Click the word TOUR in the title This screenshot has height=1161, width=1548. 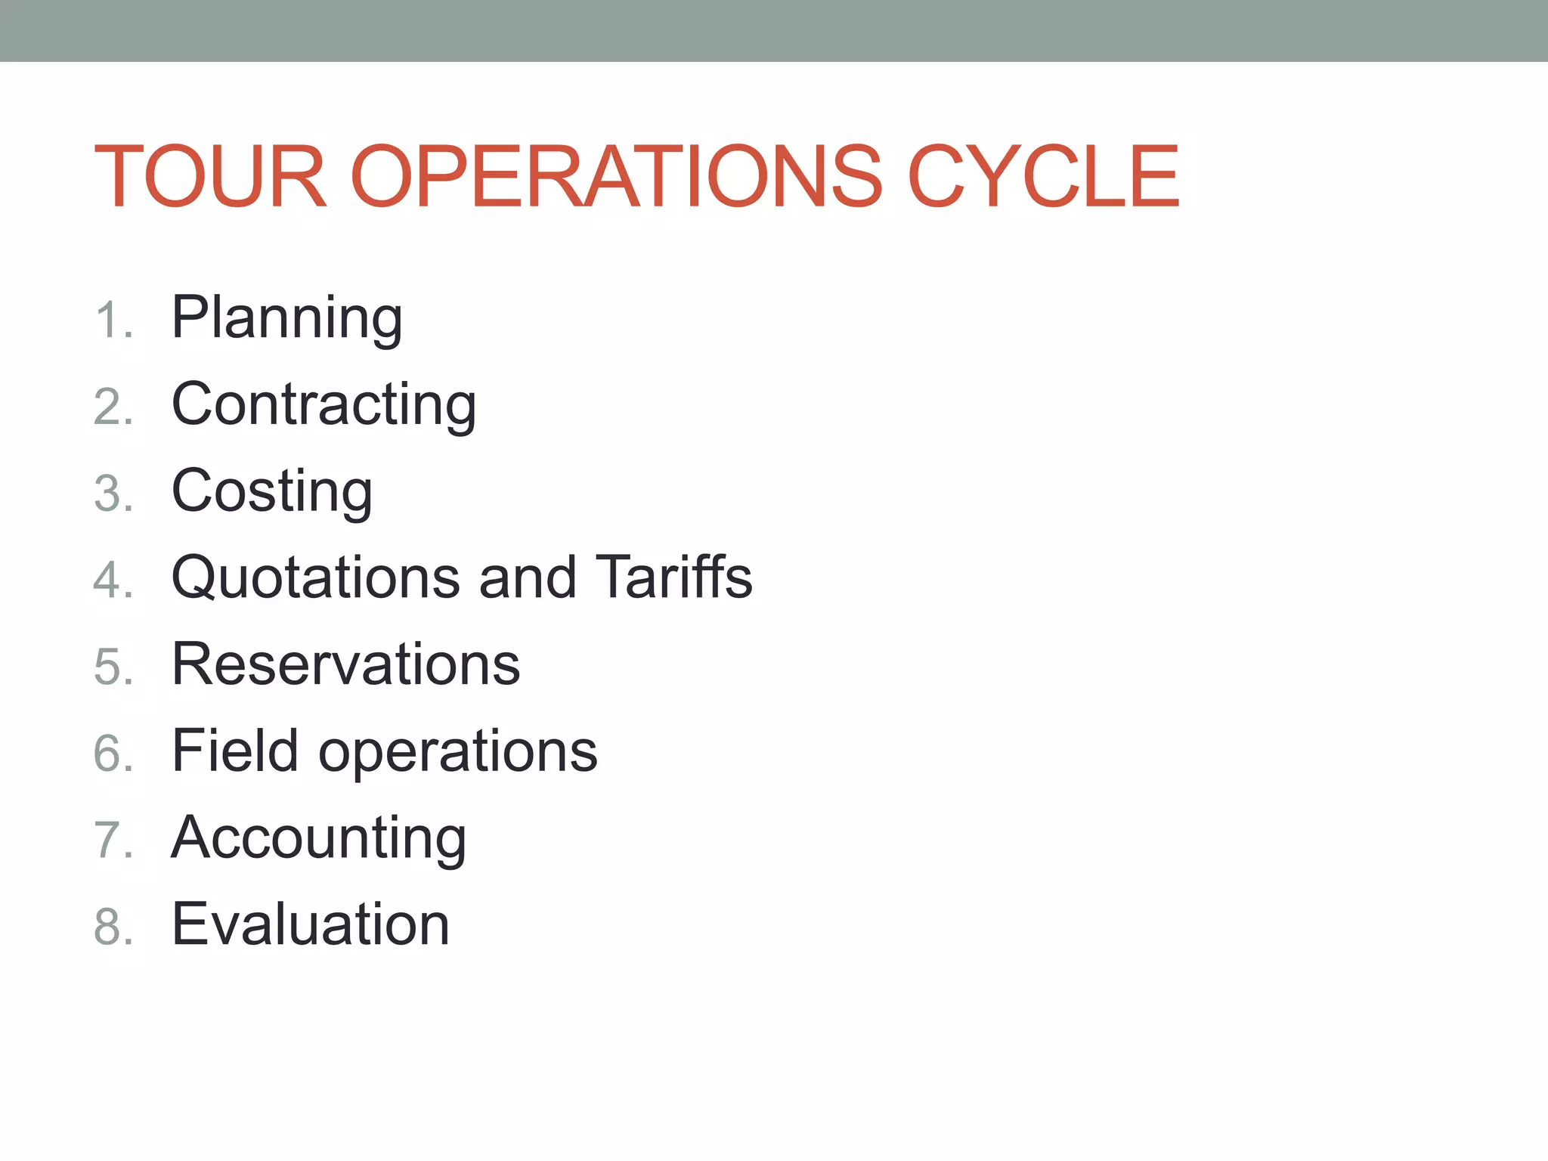210,176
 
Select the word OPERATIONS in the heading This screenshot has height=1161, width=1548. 616,176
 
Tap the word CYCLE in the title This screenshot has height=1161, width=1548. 1043,176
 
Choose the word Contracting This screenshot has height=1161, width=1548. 324,404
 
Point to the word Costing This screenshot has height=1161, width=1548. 272,491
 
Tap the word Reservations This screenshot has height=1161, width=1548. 345,664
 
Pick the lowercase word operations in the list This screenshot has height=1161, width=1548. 458,753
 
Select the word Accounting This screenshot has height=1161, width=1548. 318,839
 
